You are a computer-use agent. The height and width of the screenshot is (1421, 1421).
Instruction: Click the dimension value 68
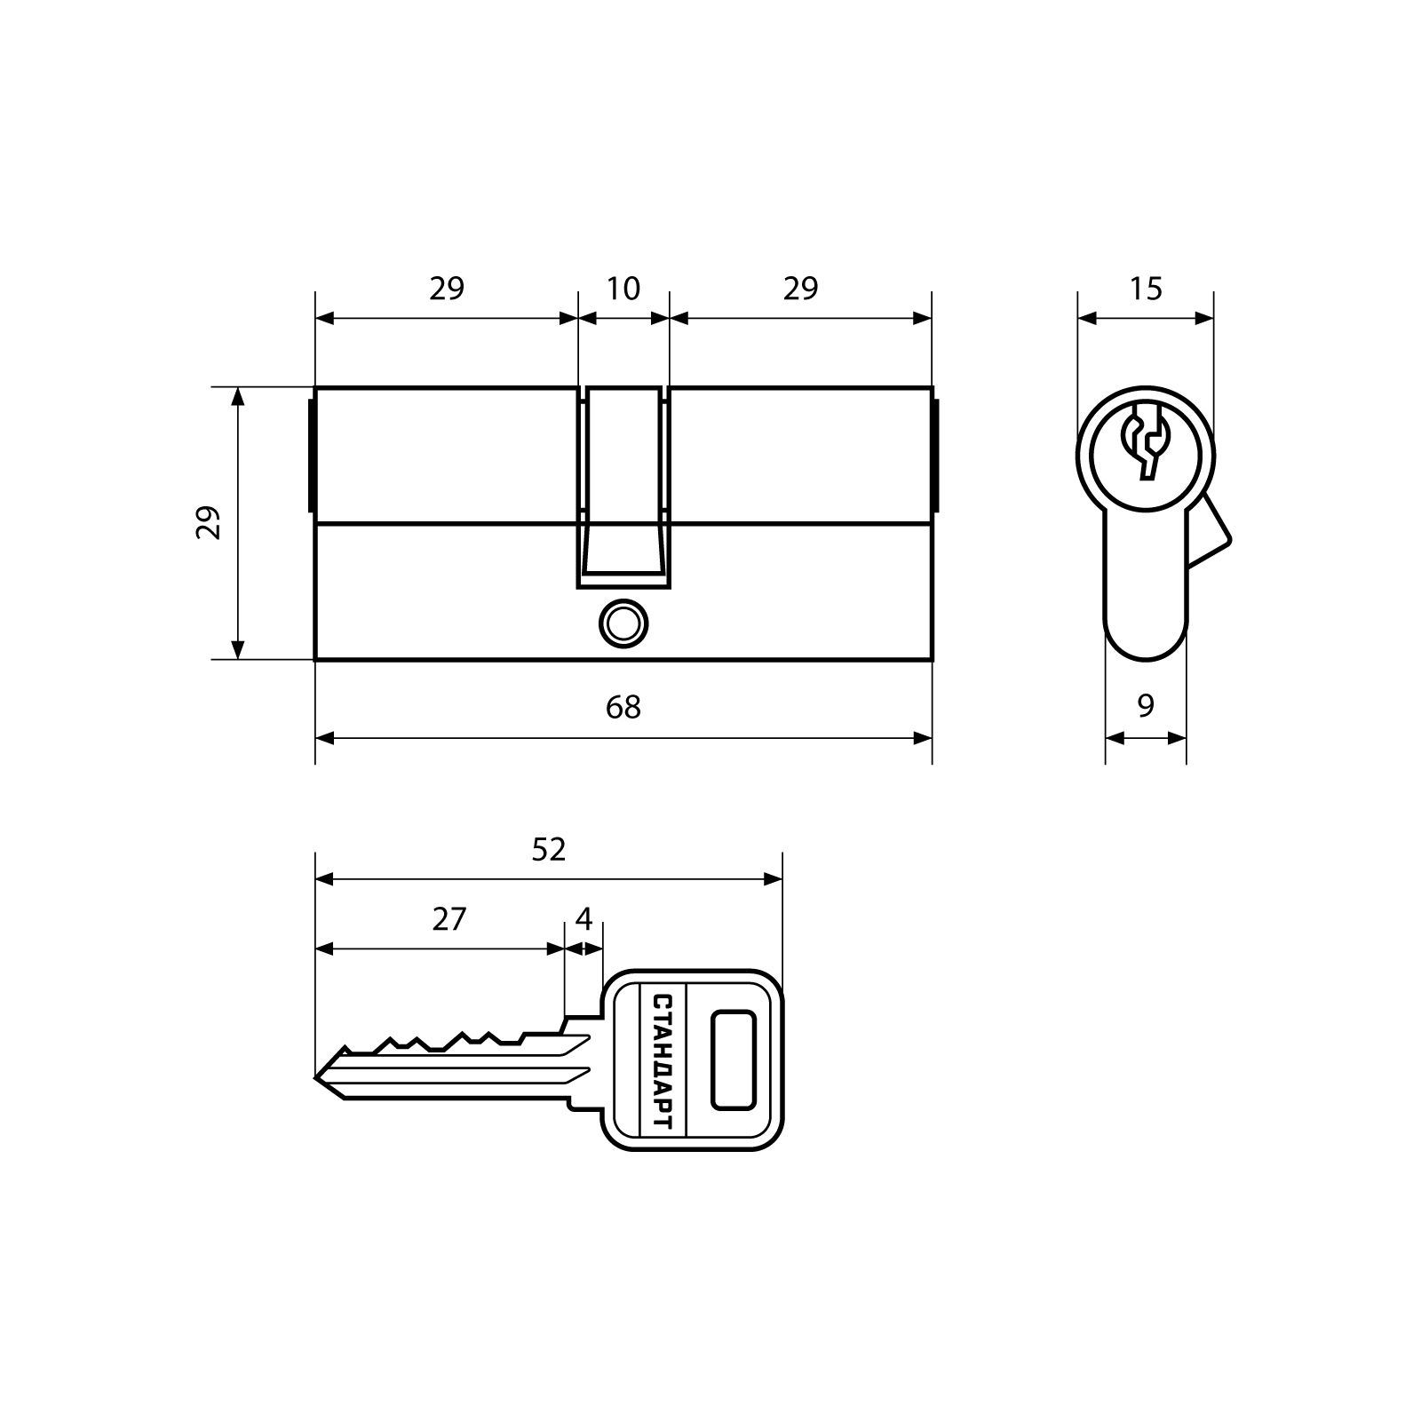(x=623, y=707)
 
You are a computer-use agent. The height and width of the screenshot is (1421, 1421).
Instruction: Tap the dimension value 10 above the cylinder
(x=623, y=289)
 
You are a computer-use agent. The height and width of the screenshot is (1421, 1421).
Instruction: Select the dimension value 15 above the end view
(x=1146, y=289)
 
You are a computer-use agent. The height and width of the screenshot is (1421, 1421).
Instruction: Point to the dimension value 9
(x=1146, y=706)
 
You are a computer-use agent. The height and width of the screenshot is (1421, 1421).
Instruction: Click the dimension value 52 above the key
(x=548, y=850)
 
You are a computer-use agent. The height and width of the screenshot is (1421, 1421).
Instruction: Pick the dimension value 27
(x=449, y=919)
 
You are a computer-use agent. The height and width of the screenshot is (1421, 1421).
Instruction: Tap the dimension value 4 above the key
(x=583, y=919)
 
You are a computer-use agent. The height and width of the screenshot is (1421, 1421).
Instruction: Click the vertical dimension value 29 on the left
(x=208, y=523)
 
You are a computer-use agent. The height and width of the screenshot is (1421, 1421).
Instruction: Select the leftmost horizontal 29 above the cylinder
(x=447, y=289)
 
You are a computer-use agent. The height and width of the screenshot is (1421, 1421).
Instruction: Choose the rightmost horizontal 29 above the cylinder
(x=800, y=289)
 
